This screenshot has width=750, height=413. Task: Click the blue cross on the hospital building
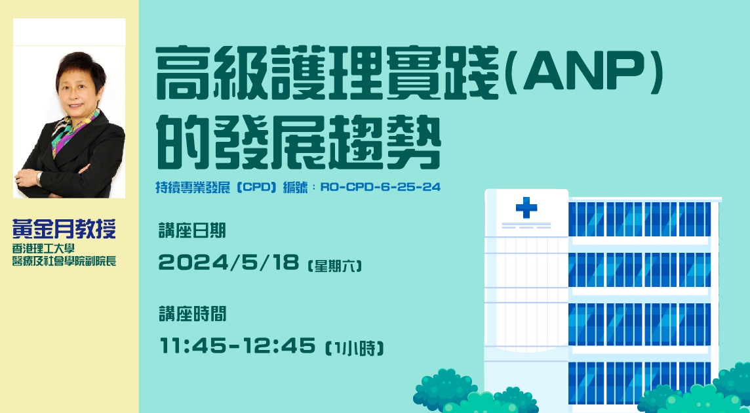526,208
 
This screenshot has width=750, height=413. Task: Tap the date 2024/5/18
229,263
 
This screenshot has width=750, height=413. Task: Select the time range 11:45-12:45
237,345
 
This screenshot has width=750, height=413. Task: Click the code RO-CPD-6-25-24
380,187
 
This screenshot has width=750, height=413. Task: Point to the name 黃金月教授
64,229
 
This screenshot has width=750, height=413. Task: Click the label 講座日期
192,231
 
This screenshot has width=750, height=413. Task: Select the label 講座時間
192,315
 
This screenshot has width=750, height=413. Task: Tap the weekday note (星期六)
335,265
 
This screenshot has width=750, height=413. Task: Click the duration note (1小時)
355,348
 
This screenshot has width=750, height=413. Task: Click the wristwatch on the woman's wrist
39,178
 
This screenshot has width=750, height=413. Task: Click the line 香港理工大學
43,249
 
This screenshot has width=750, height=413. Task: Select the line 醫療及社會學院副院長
64,261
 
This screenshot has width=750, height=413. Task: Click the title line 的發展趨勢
299,142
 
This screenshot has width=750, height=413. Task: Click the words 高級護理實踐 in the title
328,72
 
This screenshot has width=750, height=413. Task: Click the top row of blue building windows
639,219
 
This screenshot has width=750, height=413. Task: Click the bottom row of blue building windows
639,383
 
